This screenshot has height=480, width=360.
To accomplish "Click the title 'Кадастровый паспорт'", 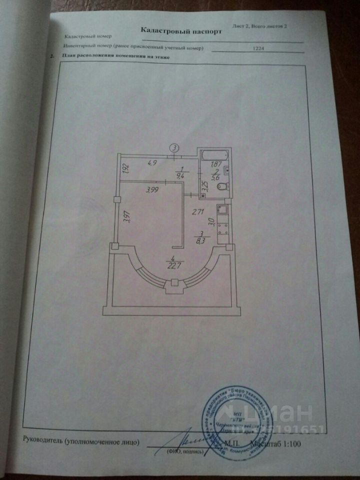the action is click(180, 30).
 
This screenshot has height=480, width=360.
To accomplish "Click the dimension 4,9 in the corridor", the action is click(153, 162).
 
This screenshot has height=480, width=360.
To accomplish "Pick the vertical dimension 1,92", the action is click(126, 169).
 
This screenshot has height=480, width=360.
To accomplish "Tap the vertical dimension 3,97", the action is click(126, 216).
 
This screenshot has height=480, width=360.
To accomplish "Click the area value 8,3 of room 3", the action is click(201, 239).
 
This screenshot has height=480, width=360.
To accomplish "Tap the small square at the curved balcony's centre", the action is click(174, 283).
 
